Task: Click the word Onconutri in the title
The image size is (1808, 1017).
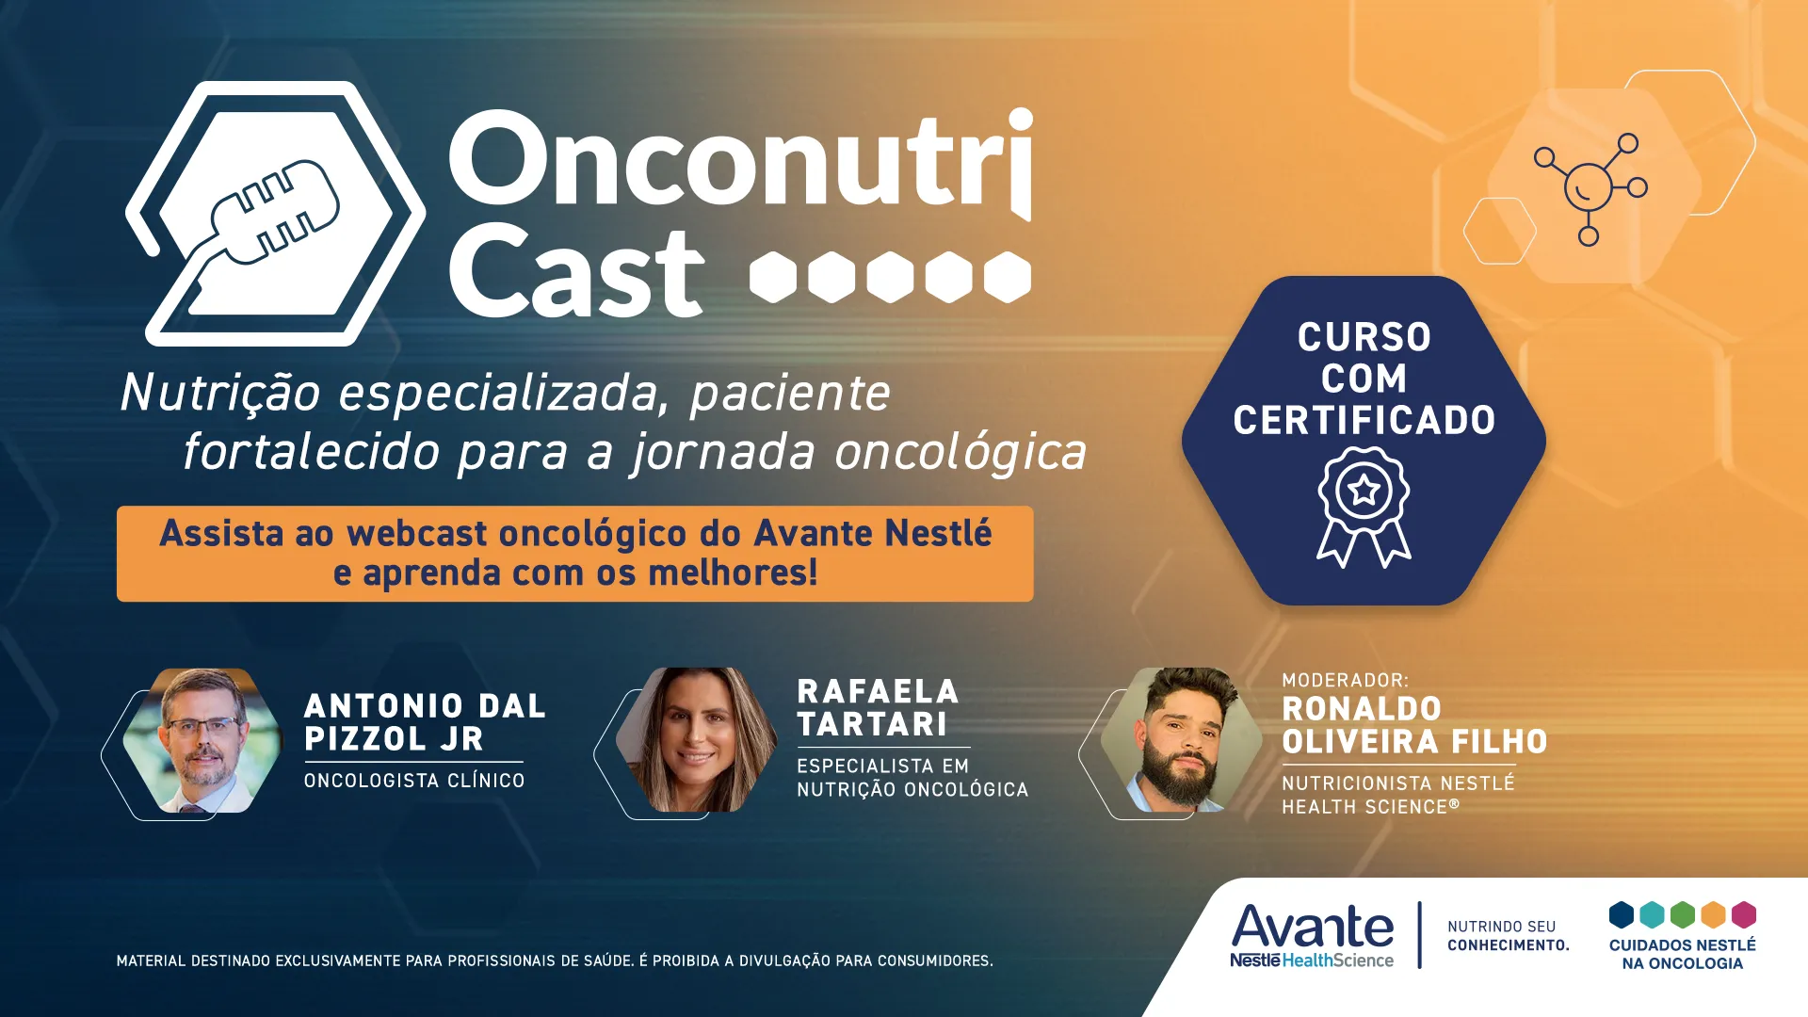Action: click(740, 160)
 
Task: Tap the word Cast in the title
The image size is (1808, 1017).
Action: click(575, 273)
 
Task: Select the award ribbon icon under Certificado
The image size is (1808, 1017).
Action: click(1364, 507)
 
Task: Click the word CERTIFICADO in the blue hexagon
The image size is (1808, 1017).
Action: click(1364, 420)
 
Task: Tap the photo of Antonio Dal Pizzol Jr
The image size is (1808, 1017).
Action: click(202, 740)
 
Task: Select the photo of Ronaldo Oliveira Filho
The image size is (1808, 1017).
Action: click(1181, 740)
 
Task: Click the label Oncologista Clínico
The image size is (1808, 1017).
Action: click(414, 781)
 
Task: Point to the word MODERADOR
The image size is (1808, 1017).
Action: click(1344, 680)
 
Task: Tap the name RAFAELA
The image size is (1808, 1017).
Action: click(878, 692)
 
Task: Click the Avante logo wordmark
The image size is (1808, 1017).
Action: click(1312, 928)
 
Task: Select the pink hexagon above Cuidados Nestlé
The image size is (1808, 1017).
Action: click(1743, 914)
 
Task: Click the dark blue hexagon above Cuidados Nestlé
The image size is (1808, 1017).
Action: click(1621, 914)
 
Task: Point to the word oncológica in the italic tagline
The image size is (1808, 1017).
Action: click(960, 452)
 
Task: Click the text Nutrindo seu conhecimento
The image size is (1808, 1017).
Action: click(1508, 936)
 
